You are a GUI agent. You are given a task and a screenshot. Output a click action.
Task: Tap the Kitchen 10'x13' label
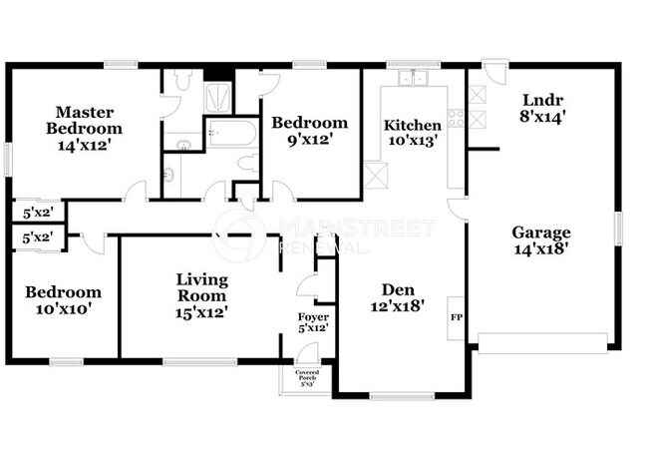pyautogui.click(x=412, y=132)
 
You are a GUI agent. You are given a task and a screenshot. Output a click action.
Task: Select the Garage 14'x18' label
pyautogui.click(x=541, y=241)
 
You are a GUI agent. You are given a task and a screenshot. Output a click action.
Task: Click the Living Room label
pyautogui.click(x=202, y=295)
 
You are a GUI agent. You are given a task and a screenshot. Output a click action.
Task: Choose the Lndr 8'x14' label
pyautogui.click(x=542, y=109)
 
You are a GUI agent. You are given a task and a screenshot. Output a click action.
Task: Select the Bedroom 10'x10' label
pyautogui.click(x=64, y=300)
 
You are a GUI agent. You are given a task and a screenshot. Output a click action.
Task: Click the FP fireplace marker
pyautogui.click(x=458, y=317)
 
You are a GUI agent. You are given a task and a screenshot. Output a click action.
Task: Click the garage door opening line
pyautogui.click(x=542, y=350)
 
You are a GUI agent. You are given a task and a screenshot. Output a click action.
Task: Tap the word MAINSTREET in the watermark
pyautogui.click(x=357, y=227)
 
